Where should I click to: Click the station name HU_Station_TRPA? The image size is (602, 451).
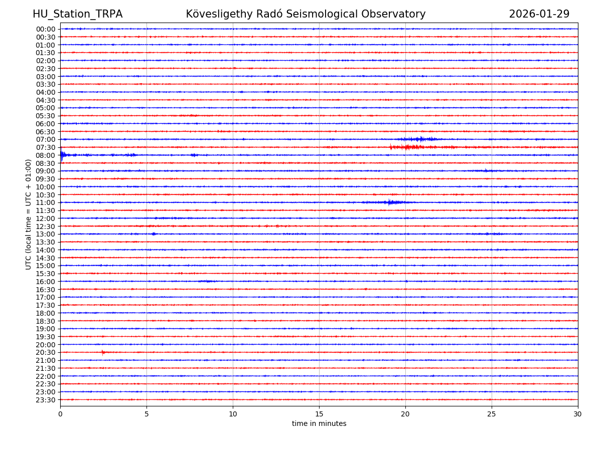click(x=77, y=15)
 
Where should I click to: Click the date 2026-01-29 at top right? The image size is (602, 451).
click(x=539, y=15)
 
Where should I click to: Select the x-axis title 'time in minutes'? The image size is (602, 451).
click(x=319, y=424)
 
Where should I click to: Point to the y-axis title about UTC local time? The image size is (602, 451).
click(x=29, y=214)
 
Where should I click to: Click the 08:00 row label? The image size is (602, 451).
click(x=46, y=155)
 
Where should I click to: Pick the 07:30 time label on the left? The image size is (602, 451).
click(x=46, y=147)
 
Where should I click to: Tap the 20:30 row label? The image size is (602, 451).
click(x=46, y=352)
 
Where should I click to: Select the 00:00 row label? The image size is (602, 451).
click(x=46, y=29)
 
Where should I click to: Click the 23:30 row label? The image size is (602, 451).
click(x=46, y=400)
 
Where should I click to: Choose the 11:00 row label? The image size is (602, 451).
click(x=46, y=202)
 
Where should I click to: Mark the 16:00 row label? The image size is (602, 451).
click(x=46, y=282)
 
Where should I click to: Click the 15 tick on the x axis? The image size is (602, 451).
click(x=319, y=414)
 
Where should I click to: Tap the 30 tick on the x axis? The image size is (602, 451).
click(x=577, y=414)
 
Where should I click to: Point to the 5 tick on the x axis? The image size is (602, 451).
click(x=146, y=414)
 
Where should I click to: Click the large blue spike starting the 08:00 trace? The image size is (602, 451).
click(x=62, y=155)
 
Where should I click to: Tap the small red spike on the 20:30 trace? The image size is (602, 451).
click(x=103, y=352)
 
